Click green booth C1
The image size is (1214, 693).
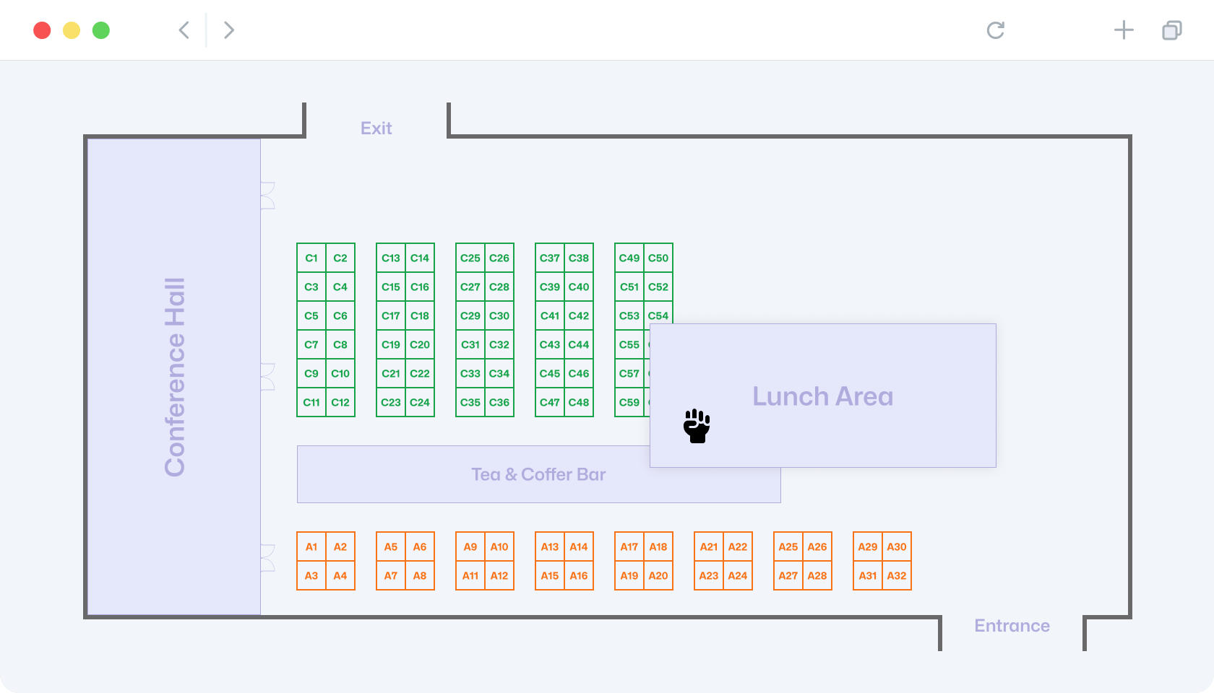tap(311, 258)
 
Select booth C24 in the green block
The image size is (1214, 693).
tap(419, 402)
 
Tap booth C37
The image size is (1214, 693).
tap(549, 258)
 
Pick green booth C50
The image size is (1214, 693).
tap(658, 258)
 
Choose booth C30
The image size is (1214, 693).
tap(499, 315)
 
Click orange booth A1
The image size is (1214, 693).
tap(311, 547)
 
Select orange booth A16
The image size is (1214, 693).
tap(579, 575)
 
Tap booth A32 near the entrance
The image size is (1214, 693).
tap(896, 575)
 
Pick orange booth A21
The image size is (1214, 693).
tap(709, 547)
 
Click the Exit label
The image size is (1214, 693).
tap(376, 128)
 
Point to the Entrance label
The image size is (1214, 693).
tap(1012, 626)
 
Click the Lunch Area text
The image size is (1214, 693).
tap(822, 396)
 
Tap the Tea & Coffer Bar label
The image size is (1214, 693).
tap(538, 474)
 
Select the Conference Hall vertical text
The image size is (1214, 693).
tap(175, 378)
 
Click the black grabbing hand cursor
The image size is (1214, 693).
tap(697, 426)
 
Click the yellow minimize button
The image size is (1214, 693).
tap(72, 30)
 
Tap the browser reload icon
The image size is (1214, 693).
tap(996, 30)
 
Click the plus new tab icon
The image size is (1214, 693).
tap(1124, 30)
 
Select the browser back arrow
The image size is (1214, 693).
tap(184, 30)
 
